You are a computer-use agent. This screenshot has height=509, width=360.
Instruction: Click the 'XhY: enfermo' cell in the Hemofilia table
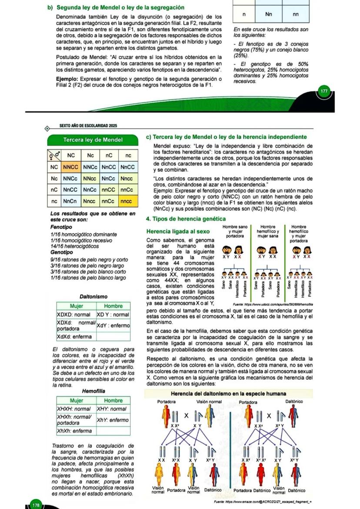(113, 420)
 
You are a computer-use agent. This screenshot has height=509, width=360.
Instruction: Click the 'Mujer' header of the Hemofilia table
(76, 400)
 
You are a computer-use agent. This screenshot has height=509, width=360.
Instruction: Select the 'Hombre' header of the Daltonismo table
(113, 306)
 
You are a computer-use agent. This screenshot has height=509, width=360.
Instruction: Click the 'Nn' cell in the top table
(269, 14)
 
